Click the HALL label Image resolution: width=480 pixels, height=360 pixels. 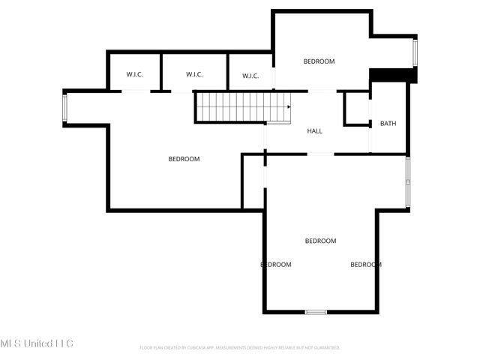[314, 131]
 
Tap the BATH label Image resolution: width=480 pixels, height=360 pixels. [388, 124]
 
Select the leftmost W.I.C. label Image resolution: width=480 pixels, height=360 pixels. [134, 74]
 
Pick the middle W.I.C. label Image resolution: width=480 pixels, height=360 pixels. [194, 74]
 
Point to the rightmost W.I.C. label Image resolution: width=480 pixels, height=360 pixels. [250, 76]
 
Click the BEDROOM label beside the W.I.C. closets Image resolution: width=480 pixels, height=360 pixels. [319, 61]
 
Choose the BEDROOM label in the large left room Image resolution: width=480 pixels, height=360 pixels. [184, 159]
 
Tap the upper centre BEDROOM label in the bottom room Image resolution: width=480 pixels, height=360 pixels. [320, 241]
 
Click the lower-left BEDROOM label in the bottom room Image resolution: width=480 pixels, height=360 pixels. [276, 265]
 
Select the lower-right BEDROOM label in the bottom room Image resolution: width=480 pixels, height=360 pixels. [366, 265]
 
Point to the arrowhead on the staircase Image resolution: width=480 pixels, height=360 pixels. [289, 106]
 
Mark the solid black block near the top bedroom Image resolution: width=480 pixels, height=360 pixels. [393, 76]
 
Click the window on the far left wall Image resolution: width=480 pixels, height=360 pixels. [65, 108]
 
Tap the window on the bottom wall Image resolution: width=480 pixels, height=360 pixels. [316, 312]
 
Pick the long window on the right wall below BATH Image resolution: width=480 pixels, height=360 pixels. [408, 182]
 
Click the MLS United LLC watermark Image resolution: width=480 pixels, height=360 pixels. [37, 343]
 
